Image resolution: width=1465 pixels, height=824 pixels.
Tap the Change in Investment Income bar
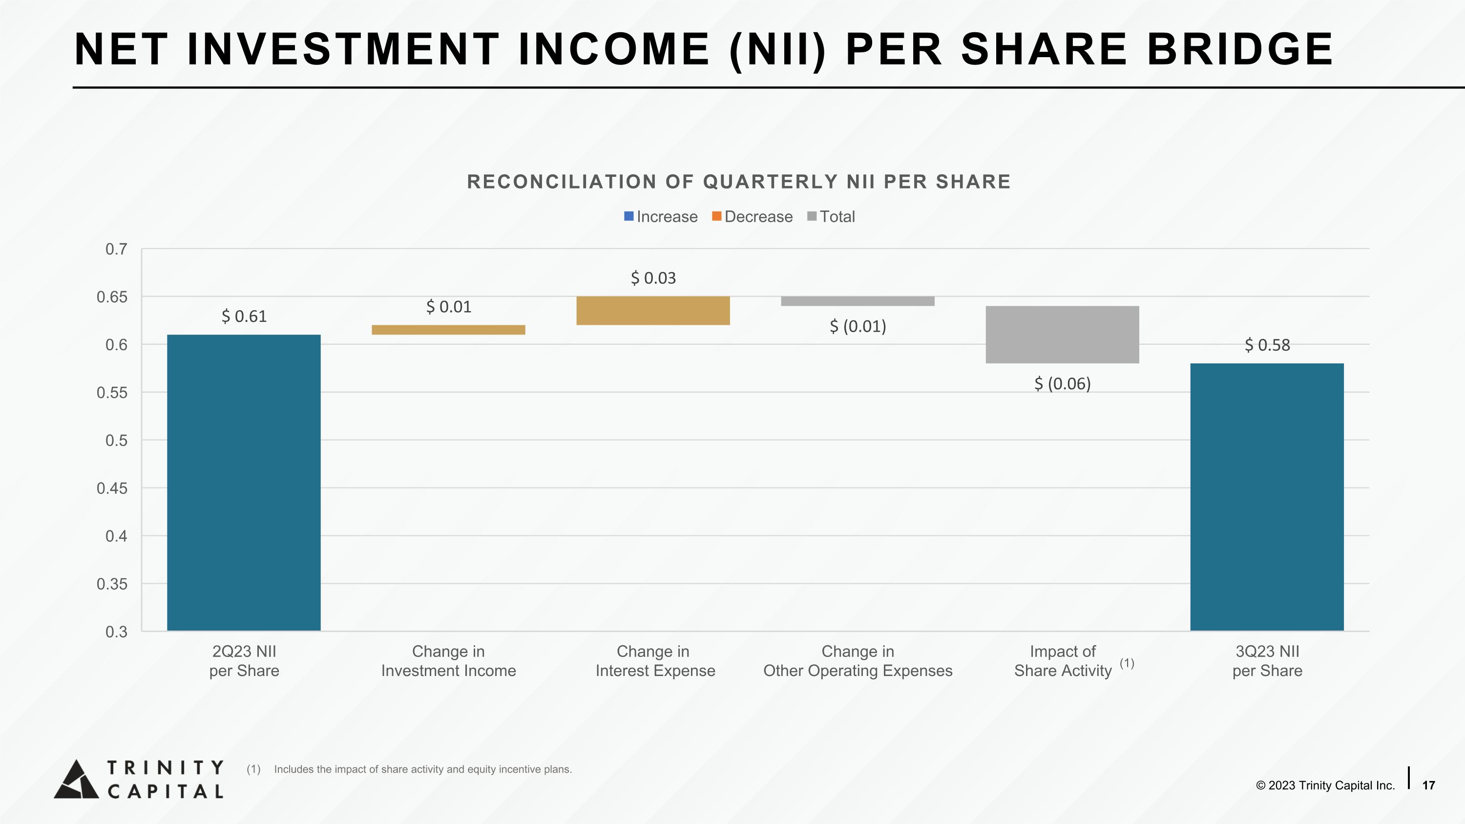[448, 330]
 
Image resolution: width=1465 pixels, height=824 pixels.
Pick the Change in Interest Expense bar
[653, 311]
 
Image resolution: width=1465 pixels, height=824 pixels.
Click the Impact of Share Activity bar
[1062, 335]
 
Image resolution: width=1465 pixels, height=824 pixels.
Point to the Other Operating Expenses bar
[857, 301]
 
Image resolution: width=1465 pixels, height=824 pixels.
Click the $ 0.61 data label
[244, 316]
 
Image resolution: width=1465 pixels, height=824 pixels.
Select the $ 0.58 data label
[1267, 345]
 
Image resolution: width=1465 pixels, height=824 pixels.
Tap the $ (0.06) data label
[1062, 384]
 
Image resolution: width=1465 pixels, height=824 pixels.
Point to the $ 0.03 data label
[653, 278]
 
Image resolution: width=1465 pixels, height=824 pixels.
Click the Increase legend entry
[661, 217]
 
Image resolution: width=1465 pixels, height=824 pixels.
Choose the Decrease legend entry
[752, 217]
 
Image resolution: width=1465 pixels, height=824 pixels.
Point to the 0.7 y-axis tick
[116, 249]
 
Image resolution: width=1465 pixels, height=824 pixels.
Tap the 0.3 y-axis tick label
[116, 632]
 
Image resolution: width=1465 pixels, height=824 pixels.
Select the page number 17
[1428, 785]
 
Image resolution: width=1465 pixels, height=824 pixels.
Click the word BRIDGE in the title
[1240, 49]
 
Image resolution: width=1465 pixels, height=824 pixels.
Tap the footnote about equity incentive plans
[422, 769]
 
